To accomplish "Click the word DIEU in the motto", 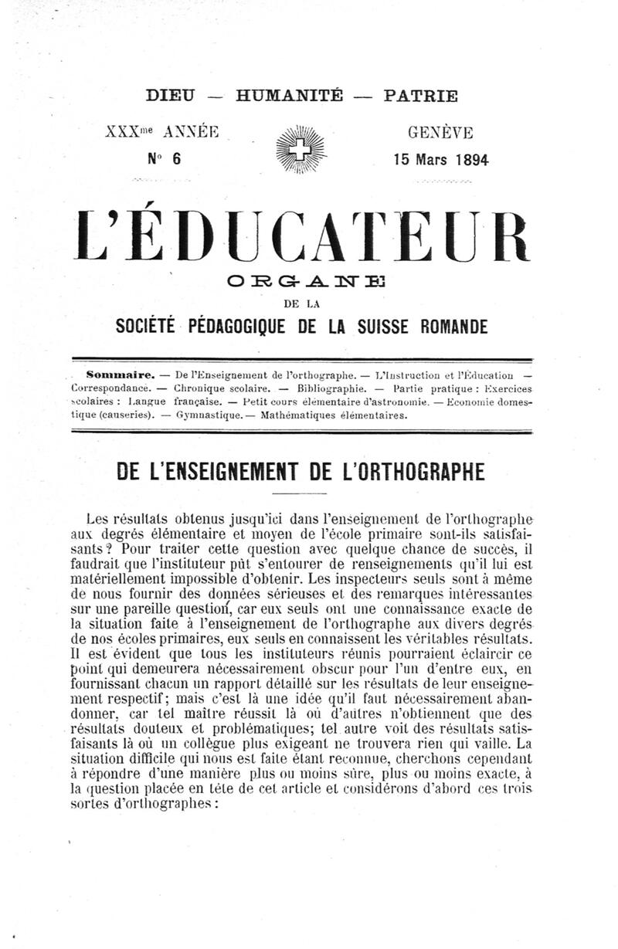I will [171, 97].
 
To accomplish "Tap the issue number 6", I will [176, 160].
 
